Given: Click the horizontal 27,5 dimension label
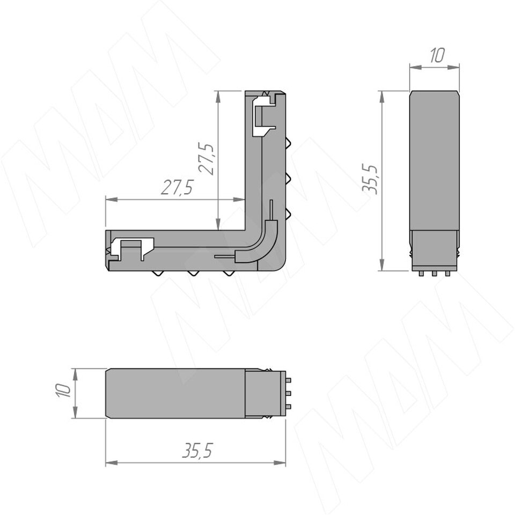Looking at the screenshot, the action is (176, 188).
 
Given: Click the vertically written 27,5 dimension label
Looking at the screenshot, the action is (207, 158).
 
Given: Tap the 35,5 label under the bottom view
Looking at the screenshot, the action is (197, 450).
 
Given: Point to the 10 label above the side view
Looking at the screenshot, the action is (437, 55).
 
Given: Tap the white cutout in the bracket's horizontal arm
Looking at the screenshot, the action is (131, 248).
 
